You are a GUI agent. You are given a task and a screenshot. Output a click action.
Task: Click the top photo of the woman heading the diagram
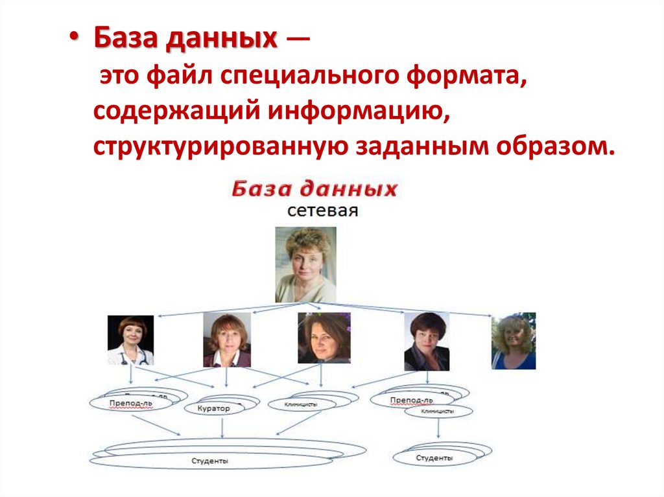(305, 264)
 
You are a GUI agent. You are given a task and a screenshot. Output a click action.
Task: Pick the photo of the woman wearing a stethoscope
(130, 340)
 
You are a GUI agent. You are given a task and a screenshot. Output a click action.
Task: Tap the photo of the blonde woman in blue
(514, 341)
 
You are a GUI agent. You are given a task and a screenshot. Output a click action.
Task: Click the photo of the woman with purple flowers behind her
(324, 338)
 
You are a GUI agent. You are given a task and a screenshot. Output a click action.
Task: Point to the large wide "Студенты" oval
(210, 461)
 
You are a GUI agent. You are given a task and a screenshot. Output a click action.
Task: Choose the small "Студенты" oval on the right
(434, 458)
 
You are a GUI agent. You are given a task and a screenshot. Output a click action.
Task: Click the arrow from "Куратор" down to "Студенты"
(222, 428)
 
